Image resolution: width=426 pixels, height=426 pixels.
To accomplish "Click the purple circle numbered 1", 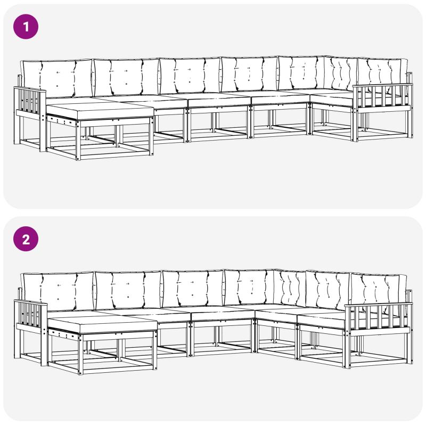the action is [x=26, y=27].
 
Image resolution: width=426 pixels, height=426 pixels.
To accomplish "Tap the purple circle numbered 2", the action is [x=26, y=239].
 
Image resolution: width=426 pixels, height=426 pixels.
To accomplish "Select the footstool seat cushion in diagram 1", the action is [x=100, y=110].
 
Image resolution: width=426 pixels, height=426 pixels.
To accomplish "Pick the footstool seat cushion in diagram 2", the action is [x=102, y=324].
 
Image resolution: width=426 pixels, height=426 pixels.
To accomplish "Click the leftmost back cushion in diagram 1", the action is [x=58, y=79].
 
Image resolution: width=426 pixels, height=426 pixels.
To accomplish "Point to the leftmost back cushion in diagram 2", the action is [x=58, y=292].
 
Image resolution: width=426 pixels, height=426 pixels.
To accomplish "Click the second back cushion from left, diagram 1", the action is [x=126, y=78].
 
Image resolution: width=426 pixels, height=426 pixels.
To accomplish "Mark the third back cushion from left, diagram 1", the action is [x=190, y=76].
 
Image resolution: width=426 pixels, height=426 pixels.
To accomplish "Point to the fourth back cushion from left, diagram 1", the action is [x=249, y=75].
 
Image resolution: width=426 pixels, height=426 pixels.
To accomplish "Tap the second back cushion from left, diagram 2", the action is [x=128, y=290].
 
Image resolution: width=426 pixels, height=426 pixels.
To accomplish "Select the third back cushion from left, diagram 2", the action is [x=193, y=288].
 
